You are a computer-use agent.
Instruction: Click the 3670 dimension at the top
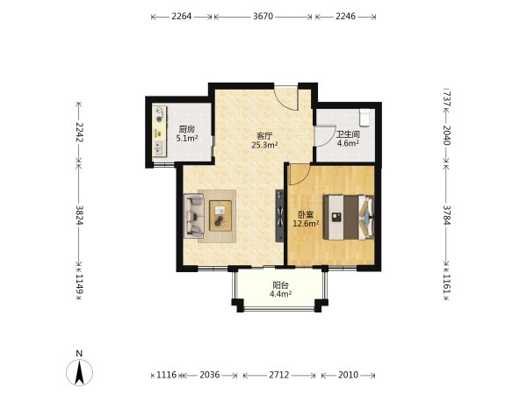click(x=263, y=16)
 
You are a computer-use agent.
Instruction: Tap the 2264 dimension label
click(x=182, y=16)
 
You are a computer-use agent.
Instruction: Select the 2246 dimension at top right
click(x=345, y=16)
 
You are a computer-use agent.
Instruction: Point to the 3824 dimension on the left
click(x=79, y=215)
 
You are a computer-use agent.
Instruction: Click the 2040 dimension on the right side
click(x=446, y=135)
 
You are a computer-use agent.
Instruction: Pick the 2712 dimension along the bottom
click(x=279, y=375)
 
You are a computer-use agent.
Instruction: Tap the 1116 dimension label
click(x=166, y=375)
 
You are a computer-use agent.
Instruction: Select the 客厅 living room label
click(x=264, y=136)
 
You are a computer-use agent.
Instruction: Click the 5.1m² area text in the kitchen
click(x=187, y=138)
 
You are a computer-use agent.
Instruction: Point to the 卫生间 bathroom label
click(x=348, y=134)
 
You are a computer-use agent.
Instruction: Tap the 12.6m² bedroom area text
click(x=306, y=223)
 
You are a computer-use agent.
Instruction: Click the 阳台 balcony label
click(x=280, y=285)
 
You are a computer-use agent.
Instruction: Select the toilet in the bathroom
click(x=365, y=118)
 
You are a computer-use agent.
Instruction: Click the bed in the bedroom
click(x=349, y=218)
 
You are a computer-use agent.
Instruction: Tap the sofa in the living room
click(x=194, y=216)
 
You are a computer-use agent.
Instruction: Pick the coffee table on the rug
click(x=220, y=216)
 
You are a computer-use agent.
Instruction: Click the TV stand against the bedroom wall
click(x=279, y=216)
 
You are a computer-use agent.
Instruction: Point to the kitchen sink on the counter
click(x=159, y=148)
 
